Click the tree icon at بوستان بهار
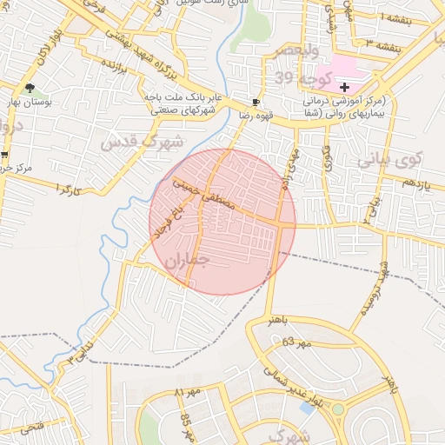tap(30, 88)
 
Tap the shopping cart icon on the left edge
tap(4, 155)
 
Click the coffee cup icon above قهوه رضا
tap(255, 102)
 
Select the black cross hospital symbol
tap(345, 87)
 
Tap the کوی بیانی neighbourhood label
tap(389, 160)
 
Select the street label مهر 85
tap(187, 424)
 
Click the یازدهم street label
tap(415, 181)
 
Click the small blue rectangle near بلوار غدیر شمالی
tap(306, 406)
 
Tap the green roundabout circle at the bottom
tap(336, 408)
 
